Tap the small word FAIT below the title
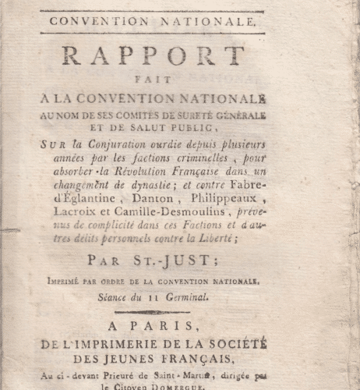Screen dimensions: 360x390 (x=168, y=87)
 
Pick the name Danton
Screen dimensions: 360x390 (x=162, y=198)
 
